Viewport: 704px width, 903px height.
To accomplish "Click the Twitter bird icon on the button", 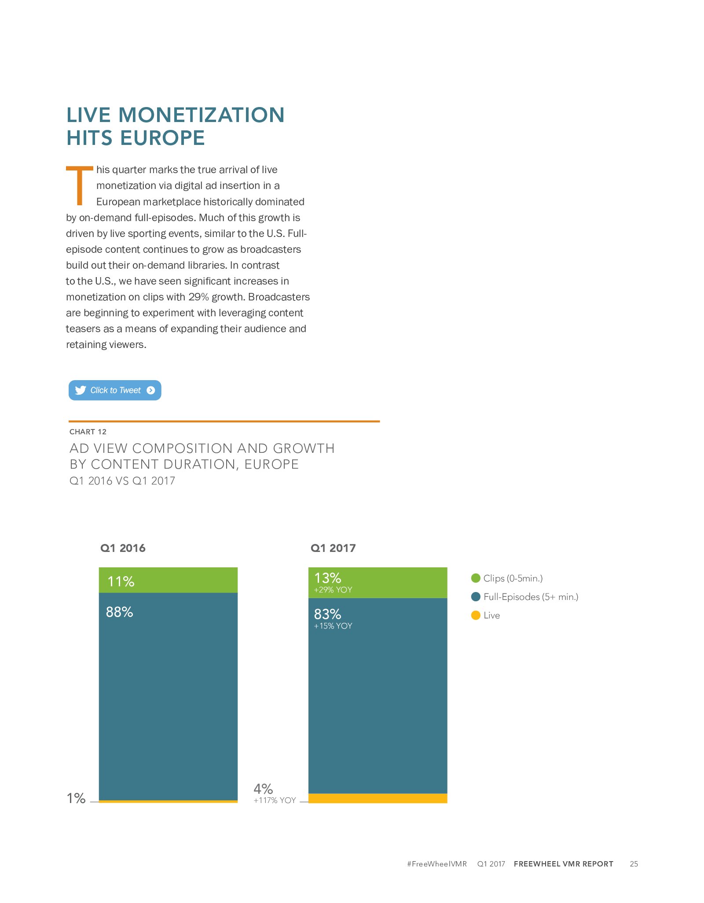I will [x=81, y=390].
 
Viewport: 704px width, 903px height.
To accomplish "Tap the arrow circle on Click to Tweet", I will [x=151, y=390].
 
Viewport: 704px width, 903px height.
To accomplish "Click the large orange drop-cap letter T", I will [x=80, y=185].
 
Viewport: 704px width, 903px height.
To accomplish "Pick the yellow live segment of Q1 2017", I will [x=378, y=798].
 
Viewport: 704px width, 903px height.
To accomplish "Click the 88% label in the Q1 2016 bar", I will [x=120, y=612].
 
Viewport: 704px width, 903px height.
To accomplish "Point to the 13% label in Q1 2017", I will [x=328, y=577].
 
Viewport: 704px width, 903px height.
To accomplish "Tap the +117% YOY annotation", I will [x=275, y=800].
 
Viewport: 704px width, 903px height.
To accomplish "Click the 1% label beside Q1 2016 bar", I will [x=76, y=798].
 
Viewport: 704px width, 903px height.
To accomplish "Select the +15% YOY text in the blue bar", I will [x=333, y=626].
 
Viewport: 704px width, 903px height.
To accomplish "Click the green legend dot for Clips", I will [x=476, y=578].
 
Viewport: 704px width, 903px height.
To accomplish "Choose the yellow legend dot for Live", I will [x=476, y=615].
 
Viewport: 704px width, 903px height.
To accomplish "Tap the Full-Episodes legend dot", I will [x=476, y=597].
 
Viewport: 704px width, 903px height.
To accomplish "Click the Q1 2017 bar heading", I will [x=333, y=548].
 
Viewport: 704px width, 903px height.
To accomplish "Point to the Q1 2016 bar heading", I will [x=123, y=548].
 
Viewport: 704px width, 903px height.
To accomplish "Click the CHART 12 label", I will [x=88, y=432].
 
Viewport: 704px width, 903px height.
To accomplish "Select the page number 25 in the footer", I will [x=634, y=864].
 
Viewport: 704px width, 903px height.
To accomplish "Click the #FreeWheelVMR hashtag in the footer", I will [x=437, y=864].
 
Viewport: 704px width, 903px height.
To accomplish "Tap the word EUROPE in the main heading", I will [x=162, y=138].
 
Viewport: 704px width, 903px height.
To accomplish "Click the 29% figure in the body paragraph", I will [x=198, y=297].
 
